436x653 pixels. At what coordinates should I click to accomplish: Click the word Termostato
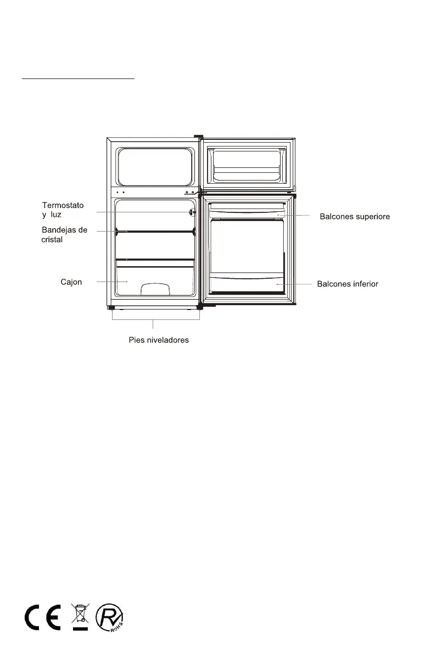[63, 205]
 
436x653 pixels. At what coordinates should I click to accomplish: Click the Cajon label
[71, 282]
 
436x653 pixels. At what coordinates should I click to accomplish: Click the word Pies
[130, 340]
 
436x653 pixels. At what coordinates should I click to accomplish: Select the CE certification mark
[43, 619]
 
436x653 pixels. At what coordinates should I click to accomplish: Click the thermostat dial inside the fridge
[193, 212]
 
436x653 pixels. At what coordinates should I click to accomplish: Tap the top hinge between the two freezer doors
[199, 137]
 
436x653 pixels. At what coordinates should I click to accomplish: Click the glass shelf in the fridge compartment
[155, 232]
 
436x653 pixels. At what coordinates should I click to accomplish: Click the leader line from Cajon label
[107, 282]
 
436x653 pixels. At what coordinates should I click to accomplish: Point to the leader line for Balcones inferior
[297, 284]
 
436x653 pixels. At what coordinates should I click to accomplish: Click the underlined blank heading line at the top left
[78, 78]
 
